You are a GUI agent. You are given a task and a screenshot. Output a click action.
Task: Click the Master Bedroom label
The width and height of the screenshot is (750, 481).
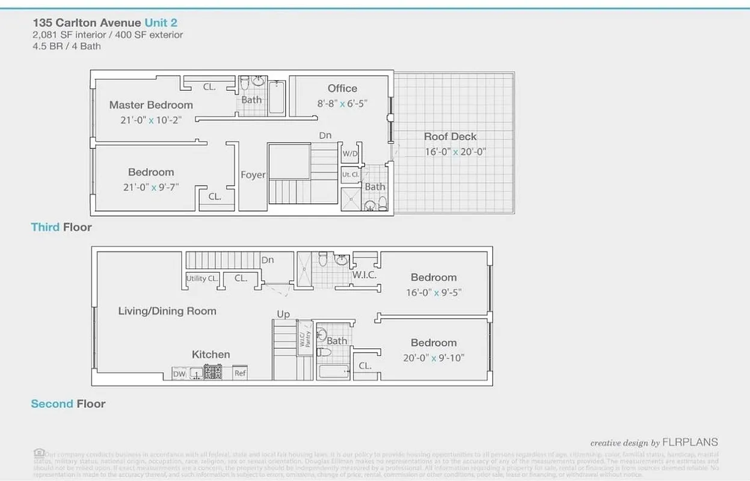151,105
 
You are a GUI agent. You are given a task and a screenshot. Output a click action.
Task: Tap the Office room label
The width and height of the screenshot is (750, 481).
342,88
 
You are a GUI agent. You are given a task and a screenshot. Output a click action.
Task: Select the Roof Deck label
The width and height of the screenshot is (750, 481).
450,136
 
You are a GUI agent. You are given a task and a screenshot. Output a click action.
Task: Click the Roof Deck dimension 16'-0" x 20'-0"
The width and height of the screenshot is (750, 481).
455,152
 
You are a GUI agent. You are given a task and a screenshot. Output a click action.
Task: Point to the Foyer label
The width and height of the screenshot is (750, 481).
253,175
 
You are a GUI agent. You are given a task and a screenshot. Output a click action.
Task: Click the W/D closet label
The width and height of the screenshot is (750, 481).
349,153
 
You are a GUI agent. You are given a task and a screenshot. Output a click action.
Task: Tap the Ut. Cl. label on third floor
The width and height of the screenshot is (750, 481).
350,175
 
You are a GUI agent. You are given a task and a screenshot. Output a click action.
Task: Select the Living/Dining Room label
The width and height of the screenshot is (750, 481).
167,311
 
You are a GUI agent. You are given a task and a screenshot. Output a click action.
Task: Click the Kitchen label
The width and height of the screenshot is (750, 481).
211,354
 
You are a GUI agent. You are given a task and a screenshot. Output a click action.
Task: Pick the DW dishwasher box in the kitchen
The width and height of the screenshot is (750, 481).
179,374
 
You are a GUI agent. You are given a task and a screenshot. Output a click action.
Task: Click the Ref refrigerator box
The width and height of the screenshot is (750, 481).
240,373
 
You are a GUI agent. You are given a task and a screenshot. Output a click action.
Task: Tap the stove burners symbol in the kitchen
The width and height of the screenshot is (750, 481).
213,373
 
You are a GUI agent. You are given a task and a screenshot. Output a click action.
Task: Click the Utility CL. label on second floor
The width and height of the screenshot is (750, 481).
202,278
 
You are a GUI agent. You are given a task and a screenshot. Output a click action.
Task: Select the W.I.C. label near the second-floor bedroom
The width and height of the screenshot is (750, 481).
364,275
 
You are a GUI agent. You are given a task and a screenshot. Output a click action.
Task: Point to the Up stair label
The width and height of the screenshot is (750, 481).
283,314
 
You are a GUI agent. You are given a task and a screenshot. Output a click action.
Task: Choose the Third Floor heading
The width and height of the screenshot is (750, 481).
61,227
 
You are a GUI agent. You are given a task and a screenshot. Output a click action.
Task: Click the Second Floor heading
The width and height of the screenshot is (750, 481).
68,403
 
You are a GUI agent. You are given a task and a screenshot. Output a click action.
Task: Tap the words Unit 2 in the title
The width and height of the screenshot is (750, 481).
161,23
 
